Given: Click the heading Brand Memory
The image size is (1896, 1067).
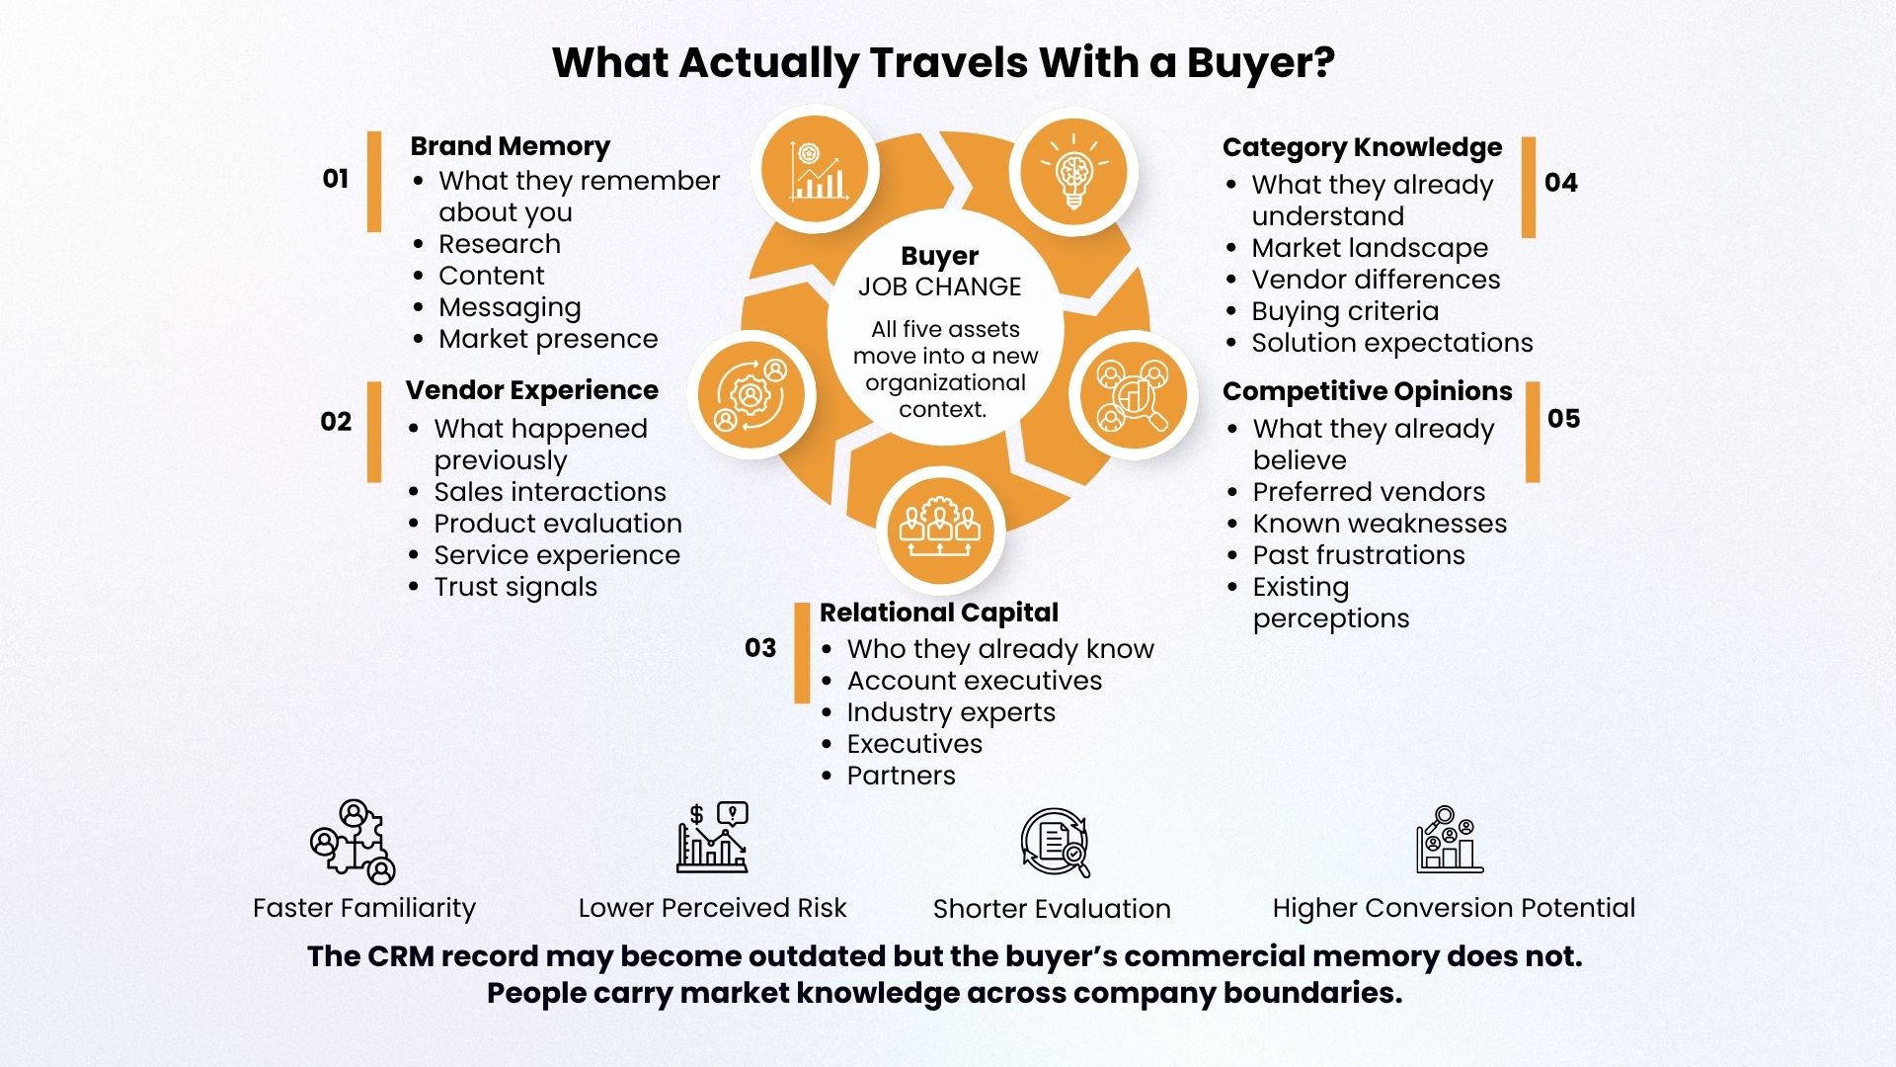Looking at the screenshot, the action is coord(510,146).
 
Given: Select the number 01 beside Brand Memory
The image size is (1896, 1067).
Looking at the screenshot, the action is coord(336,179).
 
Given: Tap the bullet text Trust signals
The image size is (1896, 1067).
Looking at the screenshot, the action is coord(515,587).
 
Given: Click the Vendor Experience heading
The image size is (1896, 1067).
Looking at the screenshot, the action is coord(531,390).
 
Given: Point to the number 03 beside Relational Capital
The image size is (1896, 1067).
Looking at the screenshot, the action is coord(760,648).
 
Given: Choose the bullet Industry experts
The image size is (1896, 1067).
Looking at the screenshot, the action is coord(951,712).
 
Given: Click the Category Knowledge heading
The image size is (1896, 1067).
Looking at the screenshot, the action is coord(1362,148).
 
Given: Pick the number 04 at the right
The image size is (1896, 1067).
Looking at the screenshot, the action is coord(1561,183).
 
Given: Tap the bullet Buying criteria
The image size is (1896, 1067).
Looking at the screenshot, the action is coord(1345,311).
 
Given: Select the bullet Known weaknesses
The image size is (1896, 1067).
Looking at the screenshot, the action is coord(1380,524).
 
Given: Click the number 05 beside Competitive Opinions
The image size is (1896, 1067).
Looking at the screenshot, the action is coord(1564,419).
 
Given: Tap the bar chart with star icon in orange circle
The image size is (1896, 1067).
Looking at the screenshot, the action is coord(815,170).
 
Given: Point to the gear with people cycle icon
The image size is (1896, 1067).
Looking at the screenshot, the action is coord(751,395).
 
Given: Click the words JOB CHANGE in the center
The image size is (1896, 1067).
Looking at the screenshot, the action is coord(939,287).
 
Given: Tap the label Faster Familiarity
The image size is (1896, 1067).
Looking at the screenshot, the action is coord(364,908).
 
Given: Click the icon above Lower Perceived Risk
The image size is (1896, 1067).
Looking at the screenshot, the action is coord(712,838).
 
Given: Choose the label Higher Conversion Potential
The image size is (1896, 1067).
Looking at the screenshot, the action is coord(1454,908).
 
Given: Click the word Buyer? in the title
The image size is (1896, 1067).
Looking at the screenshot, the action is coord(1261,62).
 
